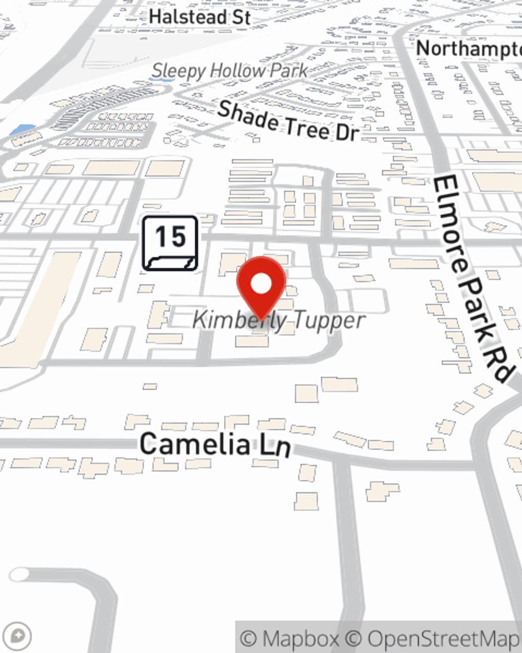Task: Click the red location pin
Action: (x=262, y=290)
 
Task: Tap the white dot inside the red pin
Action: (x=262, y=284)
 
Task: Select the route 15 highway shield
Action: (x=170, y=243)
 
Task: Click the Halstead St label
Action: (x=199, y=17)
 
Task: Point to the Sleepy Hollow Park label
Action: (x=230, y=71)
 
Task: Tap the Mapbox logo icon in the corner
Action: (x=17, y=636)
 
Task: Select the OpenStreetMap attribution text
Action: (x=444, y=638)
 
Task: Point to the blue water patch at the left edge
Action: (x=23, y=129)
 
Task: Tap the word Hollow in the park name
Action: (x=235, y=71)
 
